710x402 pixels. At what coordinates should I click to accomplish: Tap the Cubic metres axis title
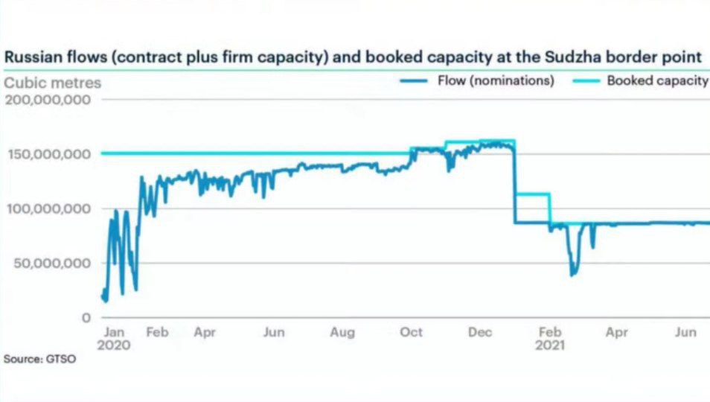(53, 83)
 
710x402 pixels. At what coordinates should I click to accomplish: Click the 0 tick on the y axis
(86, 318)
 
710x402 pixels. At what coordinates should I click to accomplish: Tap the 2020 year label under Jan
(115, 345)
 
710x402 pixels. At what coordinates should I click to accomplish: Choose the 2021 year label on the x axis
(550, 345)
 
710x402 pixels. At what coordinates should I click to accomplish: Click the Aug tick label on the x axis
(342, 333)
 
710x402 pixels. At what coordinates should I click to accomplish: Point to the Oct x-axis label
(412, 333)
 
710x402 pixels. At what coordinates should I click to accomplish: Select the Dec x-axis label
(481, 333)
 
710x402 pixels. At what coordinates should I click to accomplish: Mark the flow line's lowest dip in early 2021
(572, 275)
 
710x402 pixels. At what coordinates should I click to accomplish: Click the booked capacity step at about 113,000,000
(532, 194)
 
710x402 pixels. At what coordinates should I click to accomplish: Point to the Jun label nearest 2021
(685, 333)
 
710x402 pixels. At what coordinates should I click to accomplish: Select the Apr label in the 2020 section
(205, 333)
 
